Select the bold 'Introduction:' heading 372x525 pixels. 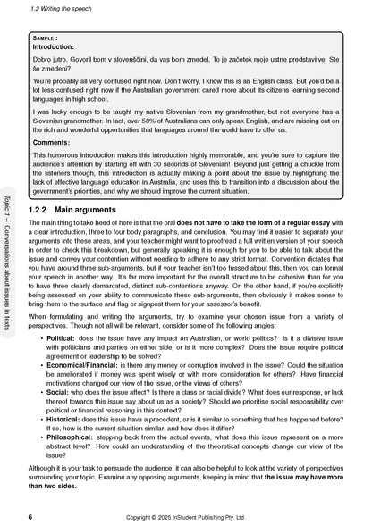tap(55, 49)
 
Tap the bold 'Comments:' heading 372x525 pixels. tap(51, 142)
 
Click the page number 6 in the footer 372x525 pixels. tap(30, 516)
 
